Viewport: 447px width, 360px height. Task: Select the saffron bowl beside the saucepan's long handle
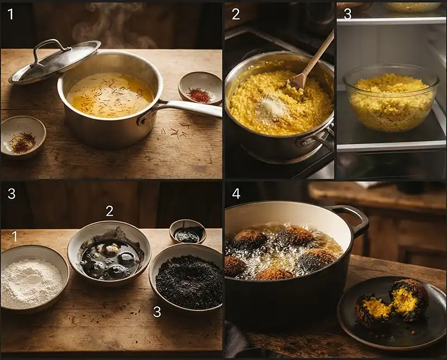pos(200,88)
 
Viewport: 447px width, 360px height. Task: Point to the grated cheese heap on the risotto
pos(272,107)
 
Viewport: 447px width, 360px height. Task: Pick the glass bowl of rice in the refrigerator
pos(391,98)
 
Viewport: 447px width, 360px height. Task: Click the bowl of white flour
pos(34,278)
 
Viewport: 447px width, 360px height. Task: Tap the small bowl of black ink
pos(188,231)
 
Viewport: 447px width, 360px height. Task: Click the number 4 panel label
pos(236,194)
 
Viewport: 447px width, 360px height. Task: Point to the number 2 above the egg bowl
pos(110,211)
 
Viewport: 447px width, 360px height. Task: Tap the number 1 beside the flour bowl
pos(15,236)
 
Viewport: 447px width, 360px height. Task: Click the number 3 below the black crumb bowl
pos(157,311)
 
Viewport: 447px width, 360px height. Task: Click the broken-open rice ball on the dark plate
pos(392,304)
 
